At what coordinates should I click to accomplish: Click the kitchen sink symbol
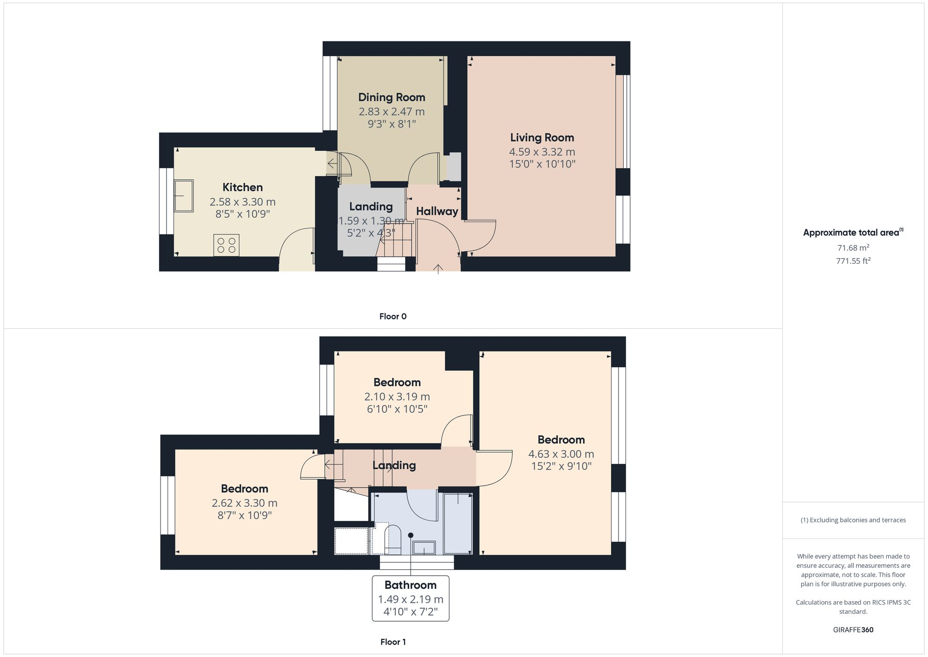pos(184,195)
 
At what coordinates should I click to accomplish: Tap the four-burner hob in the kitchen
pos(226,245)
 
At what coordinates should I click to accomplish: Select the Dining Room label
pos(392,98)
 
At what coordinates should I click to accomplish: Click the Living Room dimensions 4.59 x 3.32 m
pos(542,152)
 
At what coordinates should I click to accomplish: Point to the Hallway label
pos(437,211)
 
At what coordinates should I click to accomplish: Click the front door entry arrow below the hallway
pos(438,269)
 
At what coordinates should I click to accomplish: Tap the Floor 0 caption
pos(393,317)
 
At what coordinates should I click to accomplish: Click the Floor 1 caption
pos(393,642)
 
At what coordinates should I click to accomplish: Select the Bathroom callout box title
pos(410,585)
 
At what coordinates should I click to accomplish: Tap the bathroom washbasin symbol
pos(424,548)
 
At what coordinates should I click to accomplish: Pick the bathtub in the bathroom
pos(458,524)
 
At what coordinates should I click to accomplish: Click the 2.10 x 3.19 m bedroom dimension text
pos(397,397)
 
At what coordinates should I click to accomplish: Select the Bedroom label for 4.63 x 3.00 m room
pos(561,440)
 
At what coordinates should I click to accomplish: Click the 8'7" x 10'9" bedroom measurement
pos(245,515)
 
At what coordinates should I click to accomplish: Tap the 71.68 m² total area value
pos(853,248)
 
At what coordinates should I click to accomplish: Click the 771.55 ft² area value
pos(853,261)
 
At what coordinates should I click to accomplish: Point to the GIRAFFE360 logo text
pos(853,630)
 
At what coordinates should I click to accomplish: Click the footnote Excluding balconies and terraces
pos(853,520)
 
